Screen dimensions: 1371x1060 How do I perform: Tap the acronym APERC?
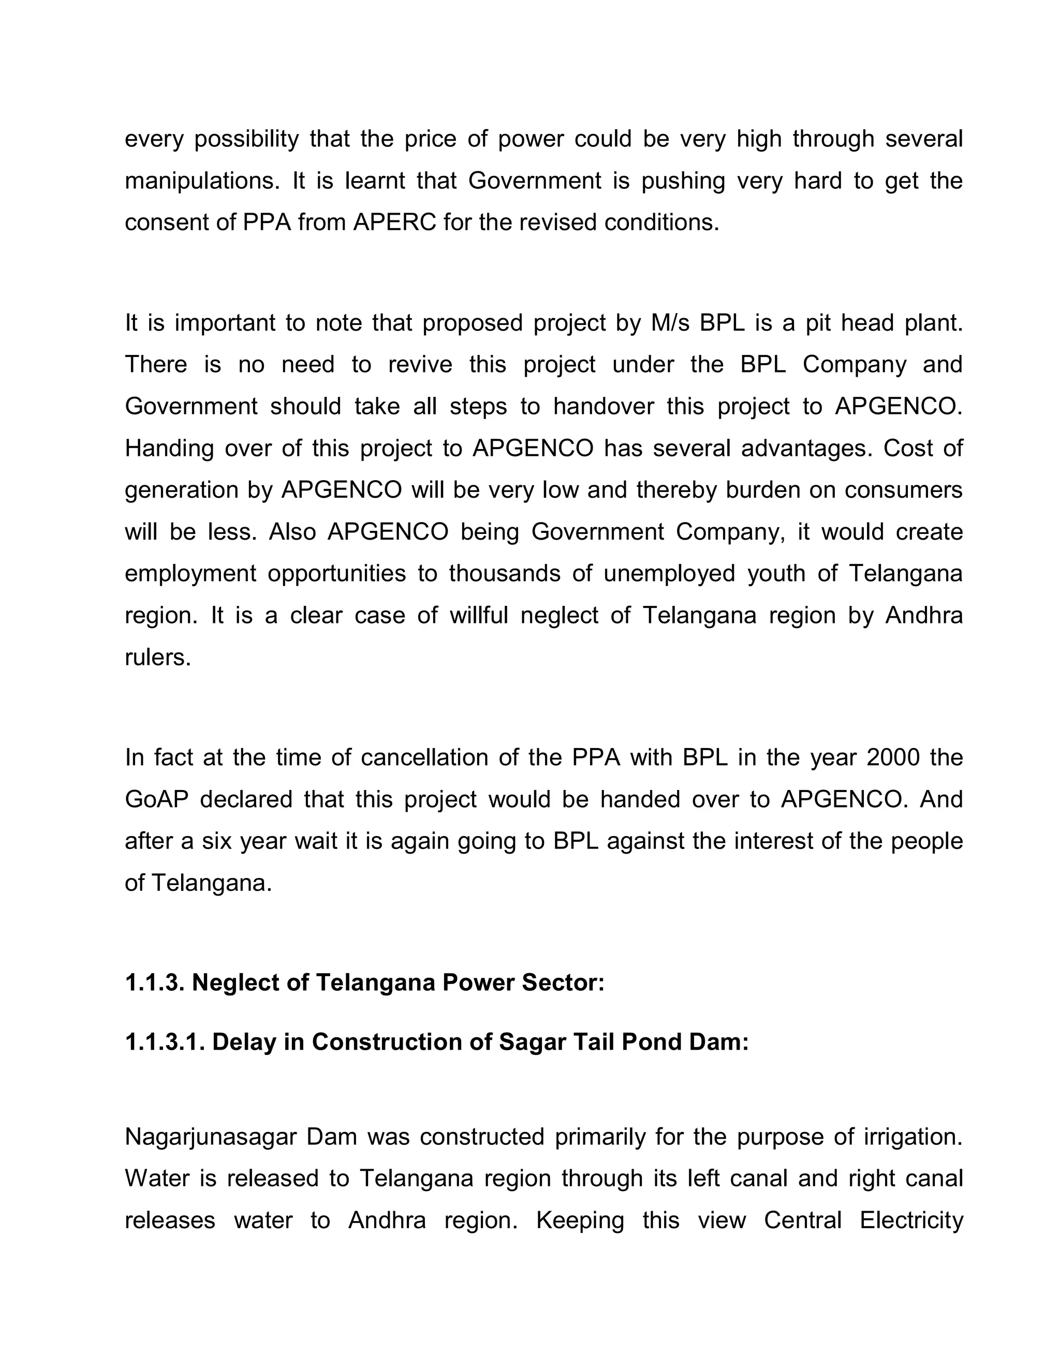(x=394, y=223)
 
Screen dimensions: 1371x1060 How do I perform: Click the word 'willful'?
(x=479, y=615)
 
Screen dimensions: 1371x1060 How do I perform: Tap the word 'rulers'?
(x=157, y=657)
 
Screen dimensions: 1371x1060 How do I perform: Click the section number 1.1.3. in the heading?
(x=154, y=983)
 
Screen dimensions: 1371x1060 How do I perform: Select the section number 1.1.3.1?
(x=165, y=1042)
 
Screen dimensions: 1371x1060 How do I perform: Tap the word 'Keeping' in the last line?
(x=580, y=1221)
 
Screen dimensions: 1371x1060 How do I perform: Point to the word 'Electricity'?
(x=911, y=1221)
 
